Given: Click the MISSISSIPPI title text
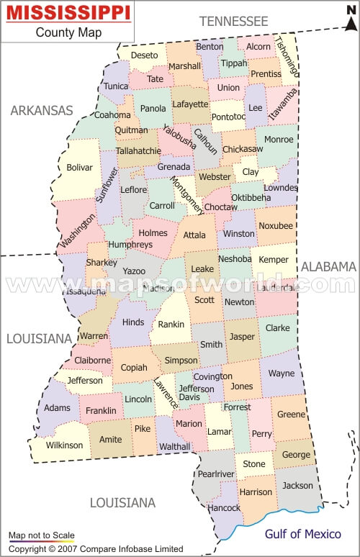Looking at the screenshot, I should coord(69,13).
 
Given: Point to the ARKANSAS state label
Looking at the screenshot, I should coord(42,110).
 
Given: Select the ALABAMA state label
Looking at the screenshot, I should coord(328,266).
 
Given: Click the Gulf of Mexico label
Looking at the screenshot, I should coord(303,534).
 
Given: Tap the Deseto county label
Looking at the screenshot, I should coord(144,55).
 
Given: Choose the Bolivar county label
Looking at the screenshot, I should coord(80,168).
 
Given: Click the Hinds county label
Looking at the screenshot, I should coord(133,322).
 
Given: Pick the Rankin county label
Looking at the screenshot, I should coord(171,324).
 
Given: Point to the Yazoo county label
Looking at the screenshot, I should coord(134,271).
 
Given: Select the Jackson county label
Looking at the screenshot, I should coord(297,486).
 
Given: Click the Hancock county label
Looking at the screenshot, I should coord(223,508).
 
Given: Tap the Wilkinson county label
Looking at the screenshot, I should coord(65,445).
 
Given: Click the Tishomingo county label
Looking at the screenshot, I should coord(286,57).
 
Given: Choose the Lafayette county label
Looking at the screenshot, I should coord(190,104).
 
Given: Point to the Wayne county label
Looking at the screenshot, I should coord(282,373).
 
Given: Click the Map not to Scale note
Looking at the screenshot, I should coord(41,535).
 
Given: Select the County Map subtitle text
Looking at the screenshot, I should coord(69,32).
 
